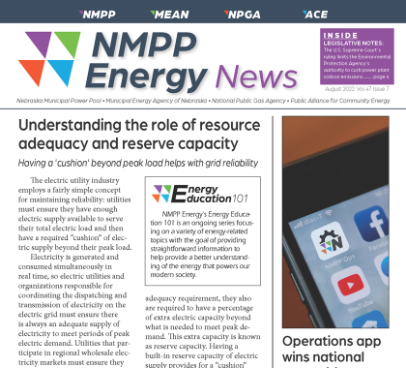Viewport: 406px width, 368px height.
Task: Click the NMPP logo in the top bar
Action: click(x=100, y=14)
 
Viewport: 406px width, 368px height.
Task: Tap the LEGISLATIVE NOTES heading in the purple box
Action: click(x=355, y=44)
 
